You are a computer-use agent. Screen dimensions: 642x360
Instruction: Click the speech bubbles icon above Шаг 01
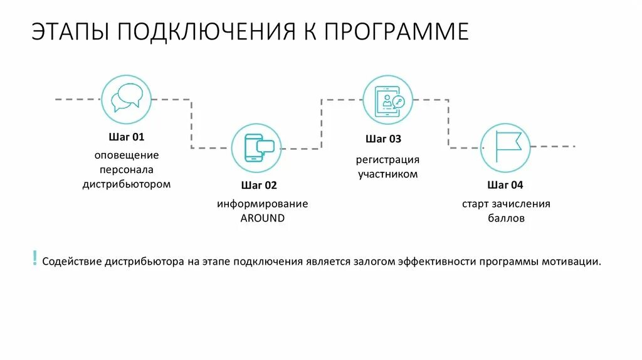click(126, 98)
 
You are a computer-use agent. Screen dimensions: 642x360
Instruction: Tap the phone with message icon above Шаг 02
click(256, 148)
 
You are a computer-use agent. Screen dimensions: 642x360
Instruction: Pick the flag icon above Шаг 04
click(505, 148)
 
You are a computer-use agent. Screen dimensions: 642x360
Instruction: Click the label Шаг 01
click(126, 137)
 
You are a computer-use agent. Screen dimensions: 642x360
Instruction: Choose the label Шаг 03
click(383, 139)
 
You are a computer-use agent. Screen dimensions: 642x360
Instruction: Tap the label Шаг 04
click(505, 185)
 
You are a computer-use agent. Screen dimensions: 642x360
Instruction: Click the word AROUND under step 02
click(263, 218)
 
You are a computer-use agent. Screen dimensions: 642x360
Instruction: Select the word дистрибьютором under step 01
click(126, 184)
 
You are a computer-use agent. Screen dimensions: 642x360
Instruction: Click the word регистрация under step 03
click(387, 159)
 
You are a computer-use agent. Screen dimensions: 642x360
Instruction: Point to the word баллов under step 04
click(506, 219)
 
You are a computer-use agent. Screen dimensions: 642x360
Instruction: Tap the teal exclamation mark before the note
click(34, 258)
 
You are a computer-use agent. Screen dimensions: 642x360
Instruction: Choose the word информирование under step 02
click(263, 204)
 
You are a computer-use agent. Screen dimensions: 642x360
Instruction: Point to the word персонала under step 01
click(126, 169)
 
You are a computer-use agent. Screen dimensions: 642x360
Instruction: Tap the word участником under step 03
click(387, 174)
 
